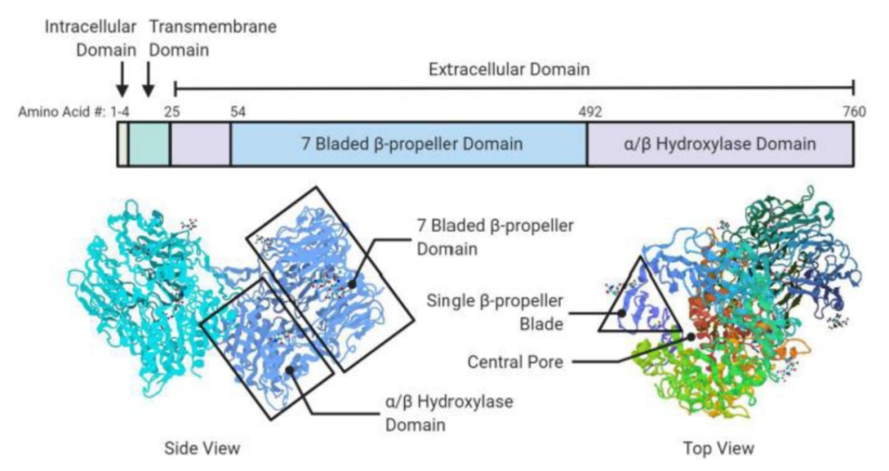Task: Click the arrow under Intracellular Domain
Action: [122, 81]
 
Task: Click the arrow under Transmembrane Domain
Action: [148, 81]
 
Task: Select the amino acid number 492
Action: [590, 112]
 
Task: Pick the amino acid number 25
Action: [175, 112]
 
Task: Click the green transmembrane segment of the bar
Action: [149, 145]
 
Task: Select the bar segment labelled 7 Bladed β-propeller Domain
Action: [408, 145]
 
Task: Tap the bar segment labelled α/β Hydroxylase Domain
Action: [720, 145]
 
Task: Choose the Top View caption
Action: [719, 449]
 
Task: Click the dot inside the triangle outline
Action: [623, 313]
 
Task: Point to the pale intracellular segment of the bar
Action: [123, 145]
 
